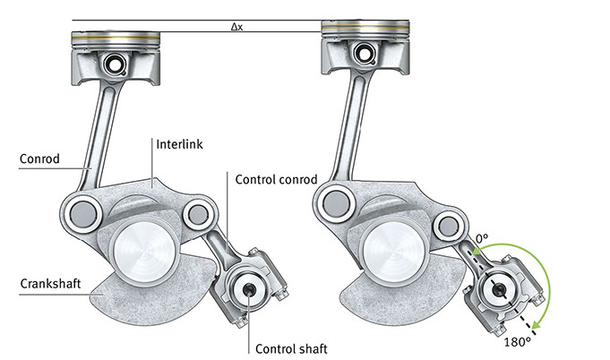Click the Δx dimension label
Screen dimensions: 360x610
(x=236, y=27)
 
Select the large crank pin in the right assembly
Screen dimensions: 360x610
(x=391, y=248)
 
